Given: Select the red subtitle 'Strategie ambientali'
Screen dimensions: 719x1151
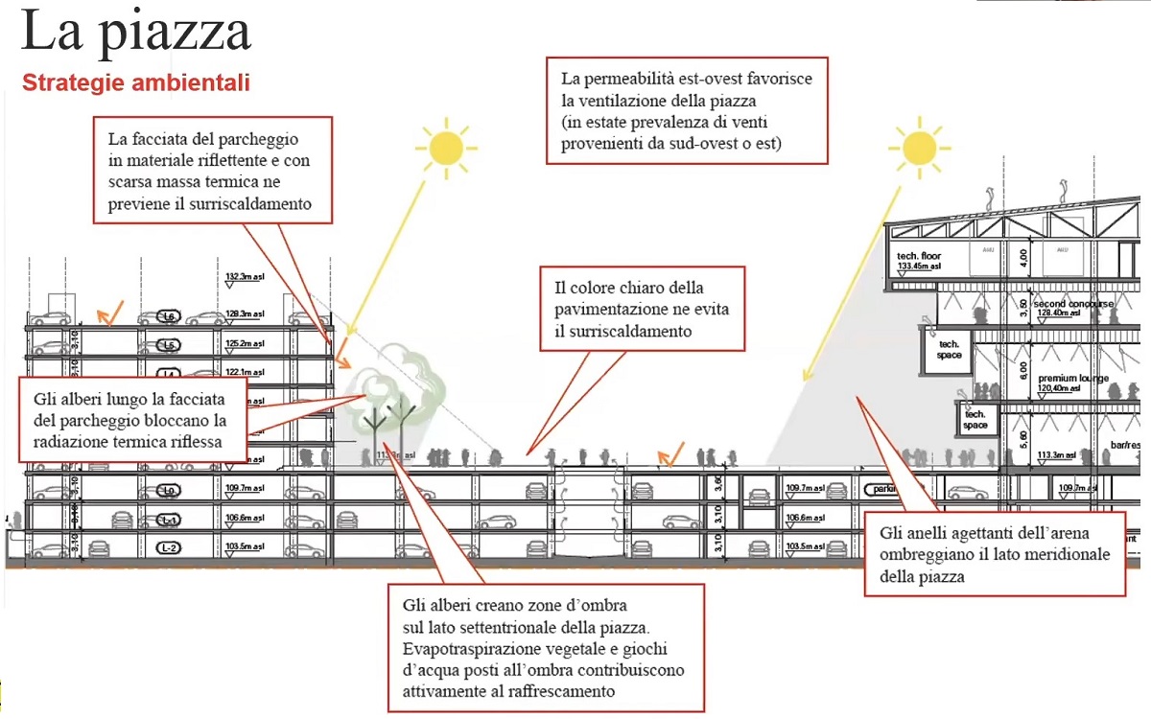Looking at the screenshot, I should [x=135, y=83].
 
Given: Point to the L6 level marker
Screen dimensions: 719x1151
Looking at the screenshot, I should [x=169, y=316].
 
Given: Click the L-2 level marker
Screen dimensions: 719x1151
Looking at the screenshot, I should [x=169, y=548].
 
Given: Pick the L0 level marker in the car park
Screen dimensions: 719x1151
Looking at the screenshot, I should [x=169, y=491].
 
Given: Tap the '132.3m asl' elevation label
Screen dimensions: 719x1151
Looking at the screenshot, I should [x=244, y=277].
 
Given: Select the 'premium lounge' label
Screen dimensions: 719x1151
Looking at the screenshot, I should [x=1072, y=378].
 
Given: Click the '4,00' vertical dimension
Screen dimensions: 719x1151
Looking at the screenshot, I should [x=1022, y=258].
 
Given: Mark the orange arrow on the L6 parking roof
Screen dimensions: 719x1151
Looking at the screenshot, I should [x=112, y=312].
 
